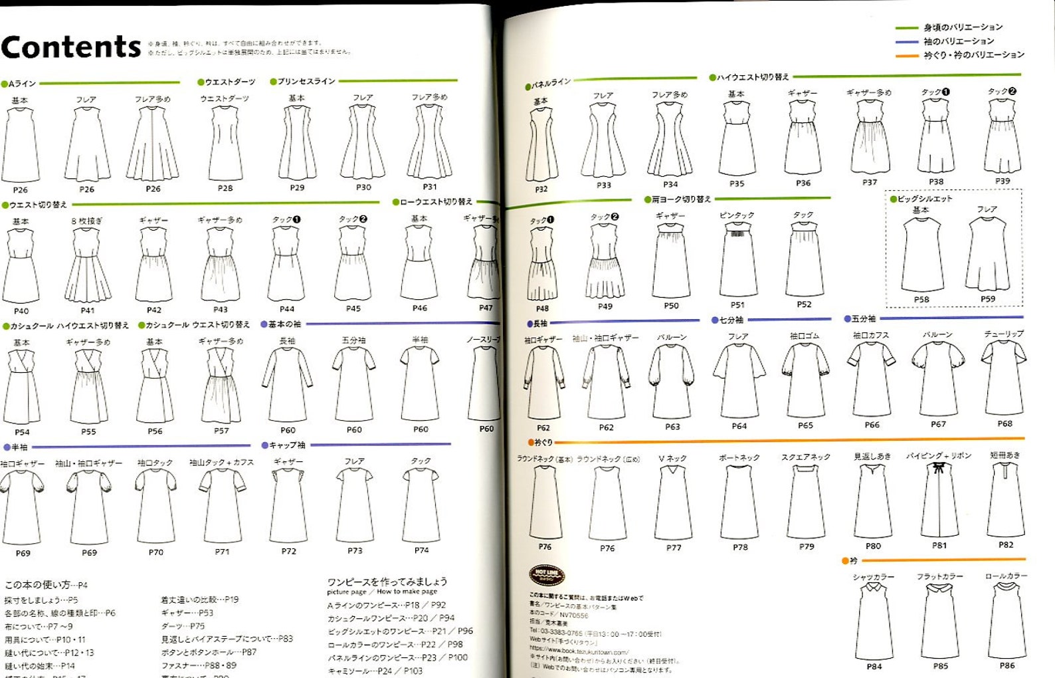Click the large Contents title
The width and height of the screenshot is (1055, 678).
pos(71,47)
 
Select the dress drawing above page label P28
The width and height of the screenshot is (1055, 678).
pos(225,142)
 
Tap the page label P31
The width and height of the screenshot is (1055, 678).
pos(430,187)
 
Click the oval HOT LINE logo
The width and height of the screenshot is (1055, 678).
pos(546,575)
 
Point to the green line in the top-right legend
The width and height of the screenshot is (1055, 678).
pos(906,28)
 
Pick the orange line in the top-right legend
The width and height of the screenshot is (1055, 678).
pos(906,56)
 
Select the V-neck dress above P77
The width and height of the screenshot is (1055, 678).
pos(673,502)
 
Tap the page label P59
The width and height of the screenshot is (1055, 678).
pos(988,299)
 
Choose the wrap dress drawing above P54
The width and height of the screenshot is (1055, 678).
pos(22,386)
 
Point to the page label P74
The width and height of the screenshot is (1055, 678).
pos(421,550)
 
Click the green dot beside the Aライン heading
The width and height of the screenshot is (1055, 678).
pos(4,84)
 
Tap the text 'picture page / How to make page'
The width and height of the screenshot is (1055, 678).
pos(381,592)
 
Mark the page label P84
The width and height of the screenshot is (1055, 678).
pos(874,666)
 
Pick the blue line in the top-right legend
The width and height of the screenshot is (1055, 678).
pos(906,42)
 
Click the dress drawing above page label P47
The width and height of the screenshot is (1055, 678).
pos(486,263)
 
